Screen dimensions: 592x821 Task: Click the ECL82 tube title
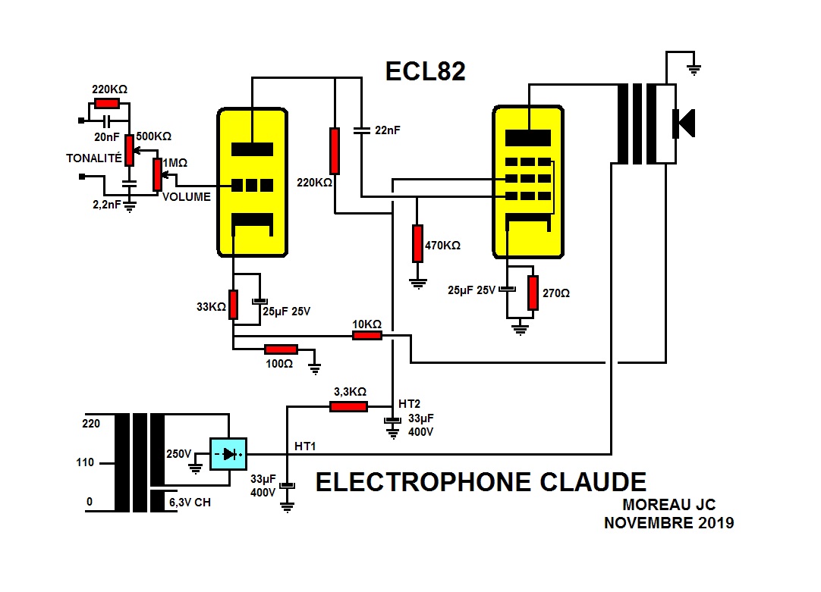pos(425,70)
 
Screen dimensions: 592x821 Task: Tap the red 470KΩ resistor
pos(417,243)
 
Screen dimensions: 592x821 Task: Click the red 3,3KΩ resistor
pos(349,406)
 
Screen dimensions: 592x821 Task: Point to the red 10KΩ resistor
pos(367,335)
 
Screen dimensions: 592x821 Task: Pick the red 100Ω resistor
pos(280,349)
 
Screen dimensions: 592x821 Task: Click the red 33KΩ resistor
pos(234,304)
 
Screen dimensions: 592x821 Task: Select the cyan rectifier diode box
pos(228,454)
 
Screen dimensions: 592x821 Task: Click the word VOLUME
pos(186,197)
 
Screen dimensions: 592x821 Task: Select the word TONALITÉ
pos(93,158)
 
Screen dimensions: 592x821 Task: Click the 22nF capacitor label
pos(388,130)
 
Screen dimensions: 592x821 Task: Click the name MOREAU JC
pos(668,504)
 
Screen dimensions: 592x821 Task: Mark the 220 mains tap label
pos(91,424)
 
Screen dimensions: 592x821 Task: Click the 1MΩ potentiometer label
pos(178,163)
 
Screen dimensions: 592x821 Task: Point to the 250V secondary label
pos(179,454)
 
